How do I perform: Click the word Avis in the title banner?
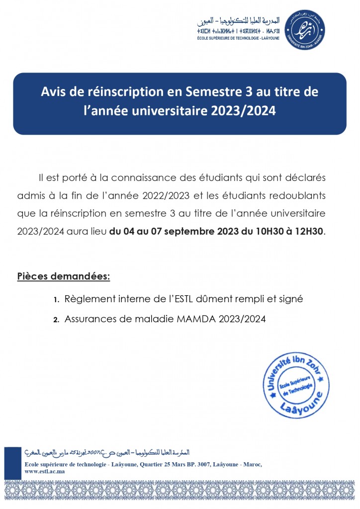pyautogui.click(x=54, y=92)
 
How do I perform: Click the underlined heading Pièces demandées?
pyautogui.click(x=64, y=276)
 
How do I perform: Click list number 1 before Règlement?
pyautogui.click(x=56, y=300)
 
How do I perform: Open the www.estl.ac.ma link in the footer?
pyautogui.click(x=45, y=471)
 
